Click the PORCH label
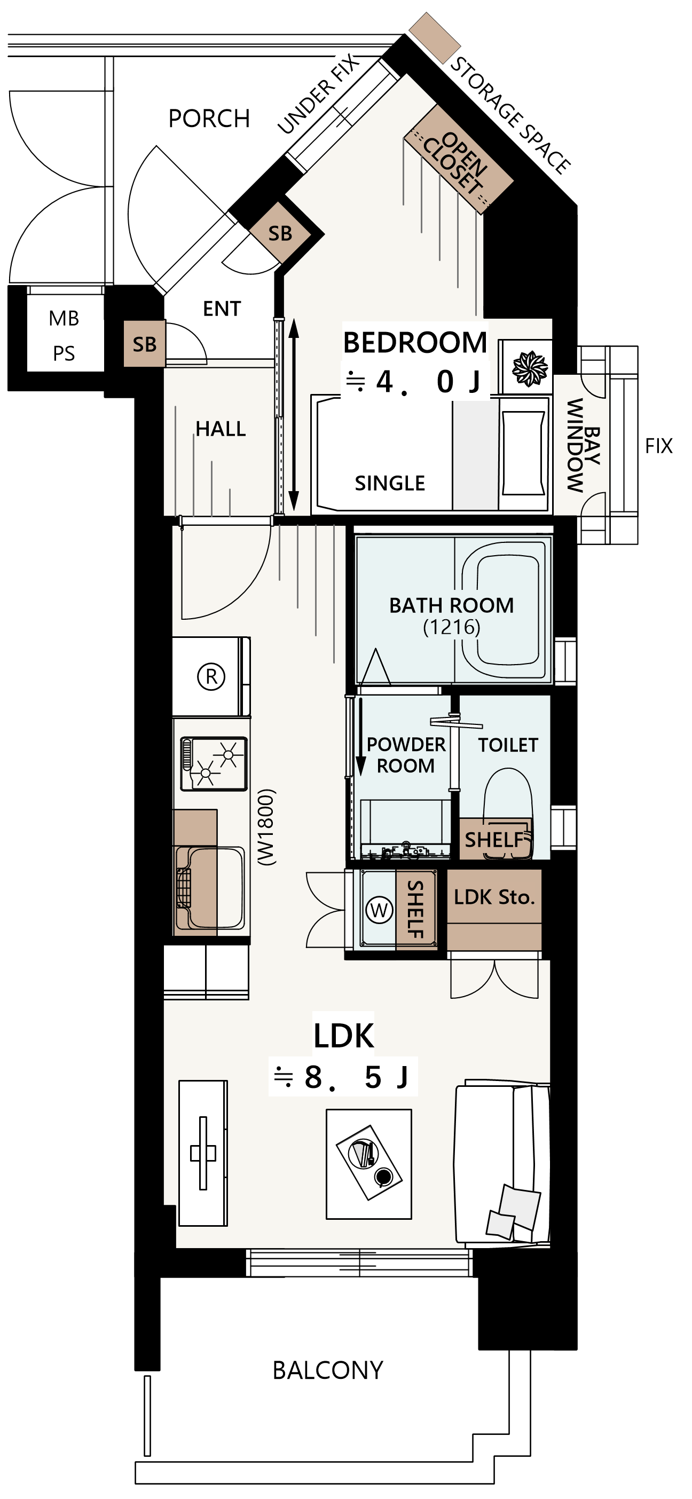click(209, 119)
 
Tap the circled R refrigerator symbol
click(211, 676)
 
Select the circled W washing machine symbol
click(380, 910)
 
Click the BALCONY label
click(328, 1370)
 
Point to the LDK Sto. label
click(494, 897)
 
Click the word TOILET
click(508, 745)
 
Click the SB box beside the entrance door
click(280, 233)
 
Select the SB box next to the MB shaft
click(144, 344)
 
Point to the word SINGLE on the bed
click(390, 483)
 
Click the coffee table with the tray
click(369, 1164)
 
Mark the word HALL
click(221, 429)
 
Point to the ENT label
click(222, 309)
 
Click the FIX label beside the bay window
click(659, 446)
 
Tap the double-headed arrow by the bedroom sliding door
click(294, 414)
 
